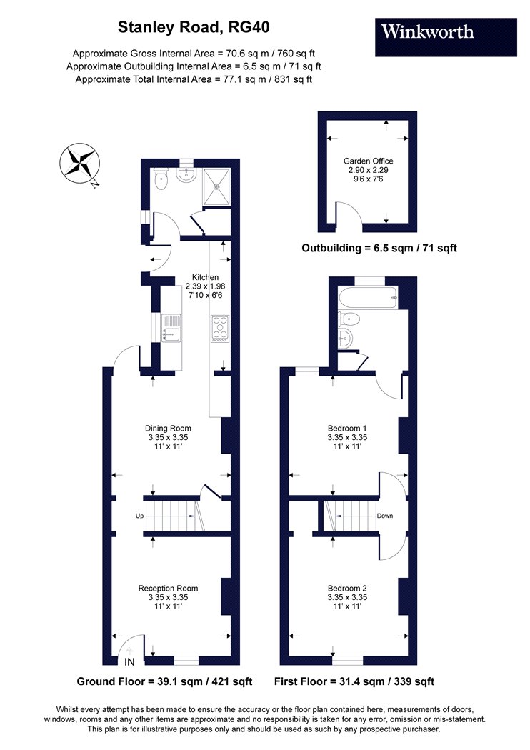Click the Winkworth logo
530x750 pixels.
(446, 37)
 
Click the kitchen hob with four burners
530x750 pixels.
(219, 329)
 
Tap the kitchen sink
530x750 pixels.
(171, 328)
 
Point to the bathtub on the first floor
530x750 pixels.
(368, 298)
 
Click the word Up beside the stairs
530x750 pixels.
(140, 516)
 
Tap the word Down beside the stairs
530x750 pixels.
(385, 516)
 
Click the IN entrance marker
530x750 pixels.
(129, 662)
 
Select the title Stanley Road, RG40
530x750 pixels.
(194, 27)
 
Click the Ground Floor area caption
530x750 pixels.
(164, 681)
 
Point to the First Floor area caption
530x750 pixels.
(354, 681)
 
